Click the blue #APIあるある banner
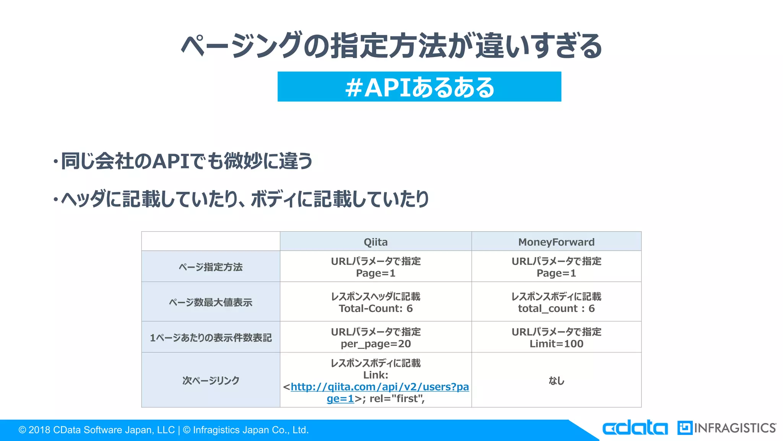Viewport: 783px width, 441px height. pyautogui.click(x=419, y=87)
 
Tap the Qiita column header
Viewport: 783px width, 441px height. pyautogui.click(x=375, y=242)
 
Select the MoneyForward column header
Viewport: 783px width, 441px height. pyautogui.click(x=556, y=242)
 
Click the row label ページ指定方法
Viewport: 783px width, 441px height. pyautogui.click(x=211, y=267)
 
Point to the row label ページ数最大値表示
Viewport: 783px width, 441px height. pyautogui.click(x=211, y=302)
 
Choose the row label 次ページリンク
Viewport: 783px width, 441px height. pyautogui.click(x=211, y=381)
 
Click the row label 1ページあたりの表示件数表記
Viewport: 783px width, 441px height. pyautogui.click(x=211, y=338)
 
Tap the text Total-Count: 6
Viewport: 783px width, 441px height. pyautogui.click(x=375, y=309)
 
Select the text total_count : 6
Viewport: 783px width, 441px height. pyautogui.click(x=556, y=309)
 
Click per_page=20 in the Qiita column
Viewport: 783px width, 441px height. pyautogui.click(x=375, y=344)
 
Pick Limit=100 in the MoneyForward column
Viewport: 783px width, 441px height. pyautogui.click(x=556, y=344)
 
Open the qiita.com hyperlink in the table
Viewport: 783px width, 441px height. pyautogui.click(x=379, y=387)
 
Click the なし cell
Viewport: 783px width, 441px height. pyautogui.click(x=556, y=381)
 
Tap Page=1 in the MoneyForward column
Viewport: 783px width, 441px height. pyautogui.click(x=556, y=273)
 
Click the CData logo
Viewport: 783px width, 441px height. pyautogui.click(x=635, y=428)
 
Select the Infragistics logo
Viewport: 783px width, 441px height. pyautogui.click(x=726, y=428)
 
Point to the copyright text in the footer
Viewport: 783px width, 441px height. pyautogui.click(x=163, y=430)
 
